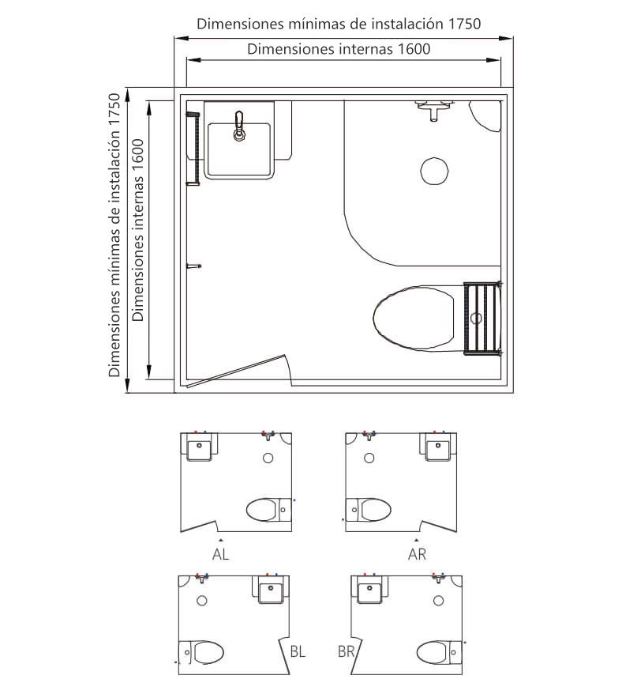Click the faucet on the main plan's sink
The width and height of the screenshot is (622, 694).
(239, 126)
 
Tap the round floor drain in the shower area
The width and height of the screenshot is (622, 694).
(434, 171)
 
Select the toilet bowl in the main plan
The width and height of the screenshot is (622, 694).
(414, 318)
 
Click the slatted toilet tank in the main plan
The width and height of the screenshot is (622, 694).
(482, 318)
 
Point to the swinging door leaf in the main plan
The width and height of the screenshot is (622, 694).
(236, 371)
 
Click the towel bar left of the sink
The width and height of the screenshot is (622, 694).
(193, 149)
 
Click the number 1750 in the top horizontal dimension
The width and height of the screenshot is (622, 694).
(464, 24)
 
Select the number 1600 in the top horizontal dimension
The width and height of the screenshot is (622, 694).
(414, 49)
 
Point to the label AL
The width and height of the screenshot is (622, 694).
(220, 554)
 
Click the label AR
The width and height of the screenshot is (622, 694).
(417, 554)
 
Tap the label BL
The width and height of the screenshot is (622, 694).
(298, 651)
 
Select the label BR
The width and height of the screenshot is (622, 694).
(347, 651)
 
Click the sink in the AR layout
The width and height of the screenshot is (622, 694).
(438, 447)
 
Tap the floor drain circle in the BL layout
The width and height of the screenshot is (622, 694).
(202, 601)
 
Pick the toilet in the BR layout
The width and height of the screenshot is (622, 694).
(440, 652)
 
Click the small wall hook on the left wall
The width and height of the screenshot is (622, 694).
(193, 266)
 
